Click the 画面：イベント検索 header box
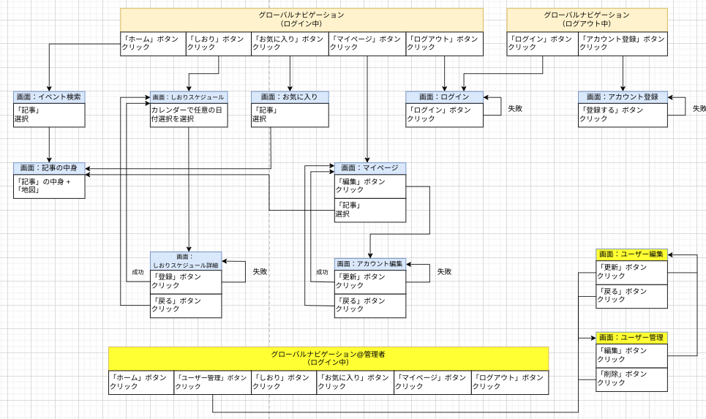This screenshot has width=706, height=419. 49,97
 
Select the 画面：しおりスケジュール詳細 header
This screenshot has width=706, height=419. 185,261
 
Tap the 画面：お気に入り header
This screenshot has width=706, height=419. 290,97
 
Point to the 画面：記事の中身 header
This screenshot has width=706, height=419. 49,168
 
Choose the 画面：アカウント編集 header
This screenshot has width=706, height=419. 369,263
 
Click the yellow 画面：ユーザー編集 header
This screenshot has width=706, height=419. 631,254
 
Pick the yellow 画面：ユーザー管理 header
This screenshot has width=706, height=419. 631,337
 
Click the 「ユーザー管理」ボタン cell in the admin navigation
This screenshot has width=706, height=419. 213,382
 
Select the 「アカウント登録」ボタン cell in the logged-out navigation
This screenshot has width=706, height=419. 623,44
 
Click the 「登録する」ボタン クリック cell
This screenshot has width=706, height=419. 623,115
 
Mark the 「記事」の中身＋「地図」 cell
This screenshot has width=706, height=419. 49,186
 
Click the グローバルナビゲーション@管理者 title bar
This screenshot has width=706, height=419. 328,358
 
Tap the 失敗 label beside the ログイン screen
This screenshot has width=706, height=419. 516,109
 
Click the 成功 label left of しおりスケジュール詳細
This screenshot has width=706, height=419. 138,272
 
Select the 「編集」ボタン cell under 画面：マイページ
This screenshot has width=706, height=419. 369,186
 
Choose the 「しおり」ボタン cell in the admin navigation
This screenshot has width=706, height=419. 284,382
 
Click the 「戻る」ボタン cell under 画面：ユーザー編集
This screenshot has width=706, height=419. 631,295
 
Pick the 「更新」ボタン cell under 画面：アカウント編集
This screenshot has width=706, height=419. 369,282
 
